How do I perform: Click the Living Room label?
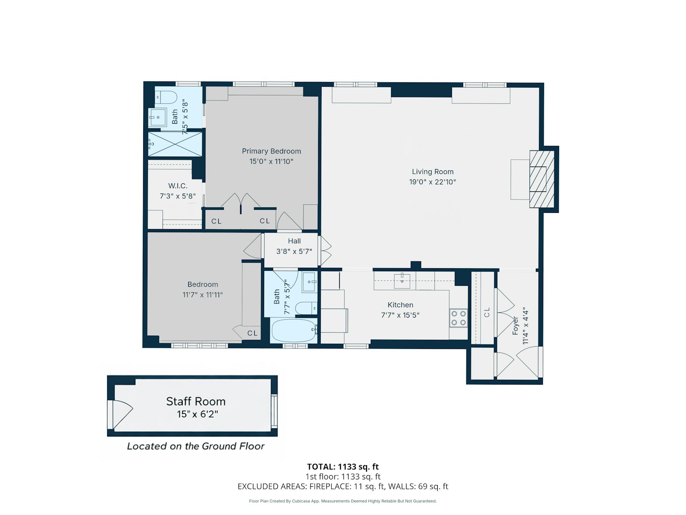[432, 172]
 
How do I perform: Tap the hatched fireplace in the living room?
[542, 179]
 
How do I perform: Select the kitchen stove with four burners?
[458, 318]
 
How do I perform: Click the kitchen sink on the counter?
[402, 281]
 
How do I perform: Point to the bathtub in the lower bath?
[293, 330]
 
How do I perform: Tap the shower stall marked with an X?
[175, 144]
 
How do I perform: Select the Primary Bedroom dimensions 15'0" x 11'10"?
[271, 161]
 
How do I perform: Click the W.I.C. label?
[178, 186]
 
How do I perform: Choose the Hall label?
[294, 241]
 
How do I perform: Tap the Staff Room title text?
[196, 401]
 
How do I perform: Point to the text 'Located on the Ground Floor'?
[196, 446]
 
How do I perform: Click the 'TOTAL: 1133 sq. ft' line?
[343, 467]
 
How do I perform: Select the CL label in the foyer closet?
[487, 312]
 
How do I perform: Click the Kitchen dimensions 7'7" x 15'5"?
[400, 315]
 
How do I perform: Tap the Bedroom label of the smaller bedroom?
[202, 285]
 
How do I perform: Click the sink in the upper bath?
[158, 117]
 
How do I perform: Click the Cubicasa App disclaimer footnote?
[343, 501]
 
